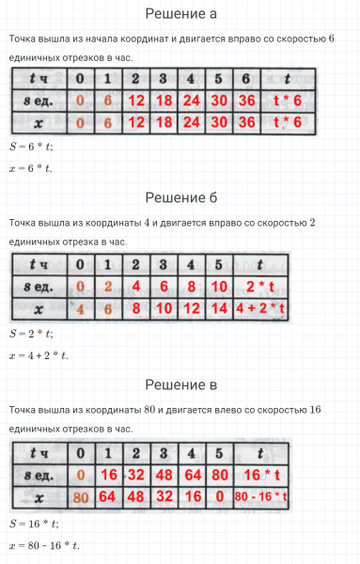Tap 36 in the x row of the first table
click(248, 122)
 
